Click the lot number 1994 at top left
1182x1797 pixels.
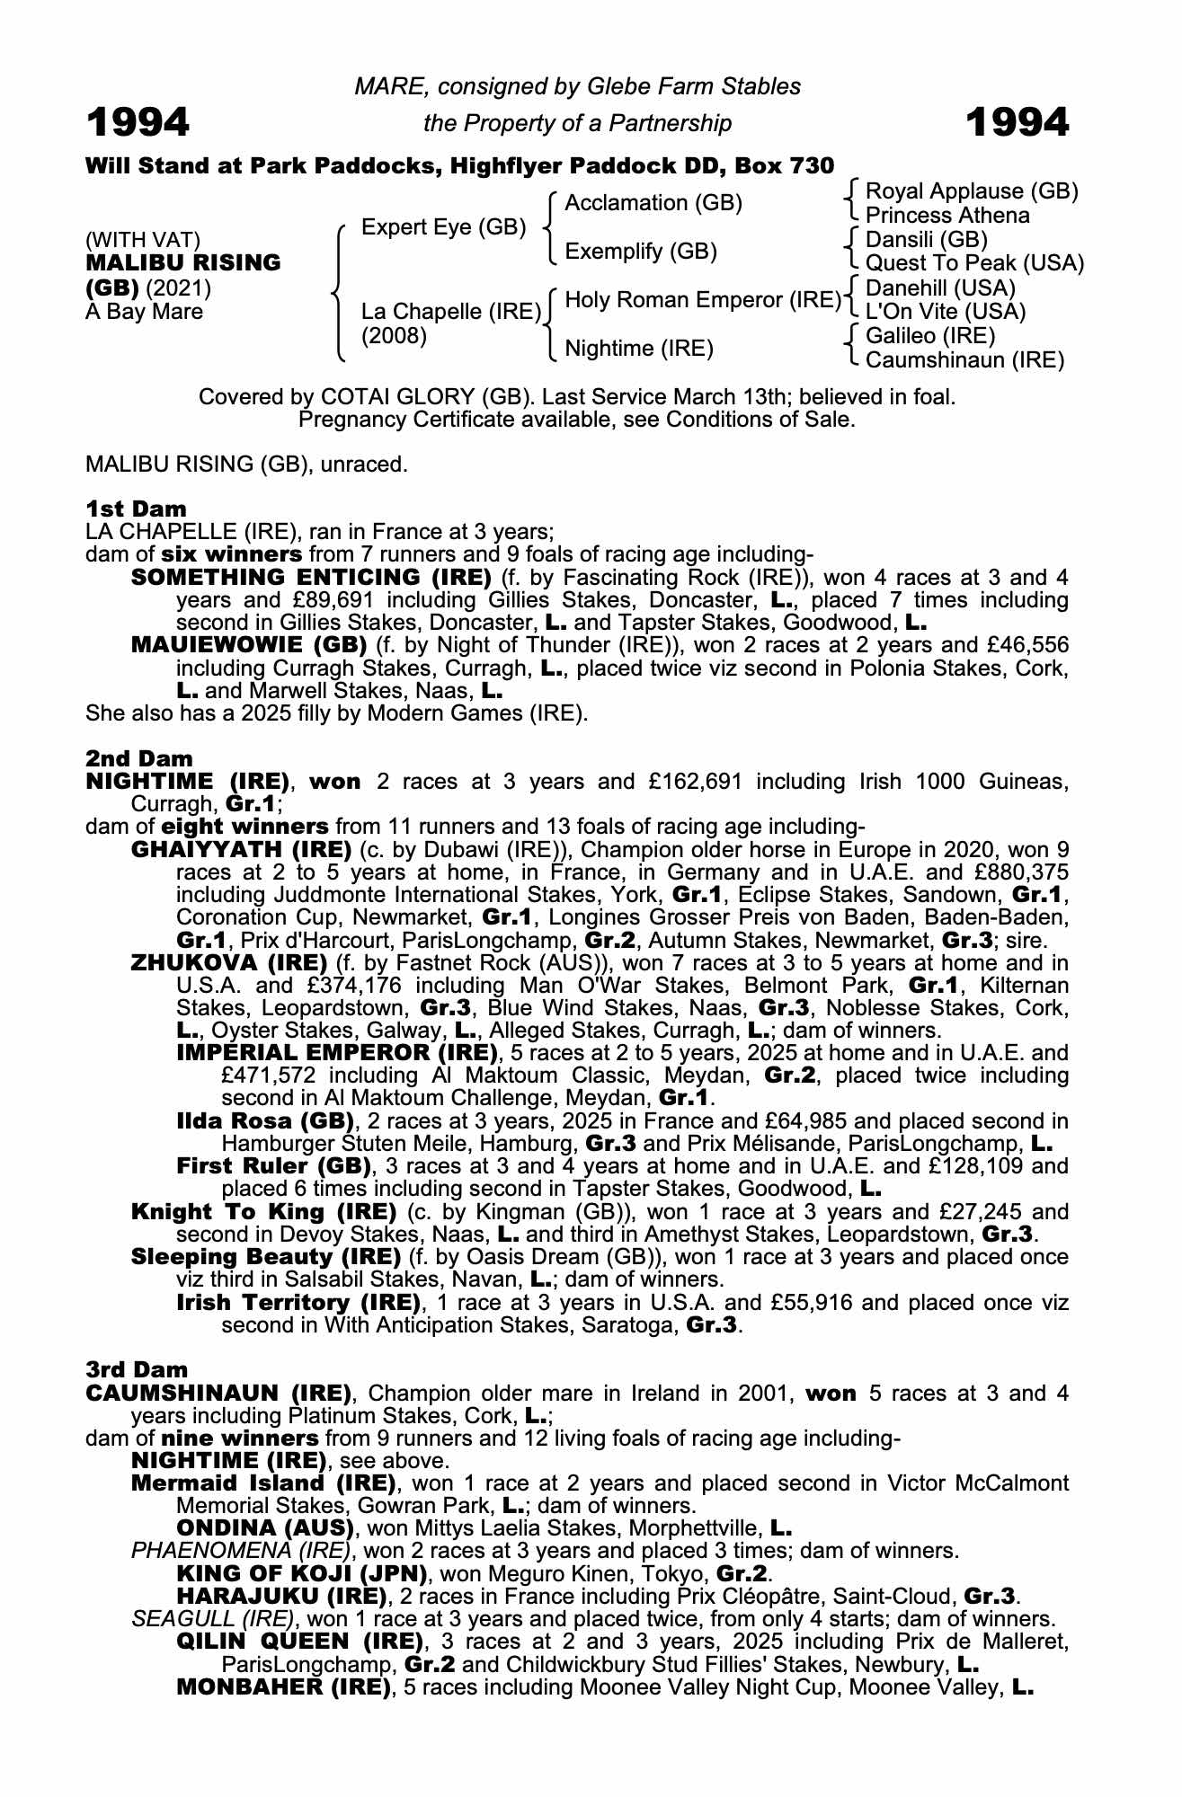(138, 122)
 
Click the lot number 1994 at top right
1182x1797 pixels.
(1018, 122)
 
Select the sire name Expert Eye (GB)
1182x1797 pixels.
(443, 227)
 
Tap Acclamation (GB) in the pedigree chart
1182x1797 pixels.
(653, 203)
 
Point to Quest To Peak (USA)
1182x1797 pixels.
(974, 263)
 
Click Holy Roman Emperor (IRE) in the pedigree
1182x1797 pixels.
(702, 299)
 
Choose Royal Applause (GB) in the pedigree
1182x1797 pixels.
(971, 191)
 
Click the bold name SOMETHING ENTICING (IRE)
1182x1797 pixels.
(311, 577)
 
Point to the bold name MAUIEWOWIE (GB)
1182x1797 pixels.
(249, 645)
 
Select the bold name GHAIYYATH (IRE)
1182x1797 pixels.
(241, 849)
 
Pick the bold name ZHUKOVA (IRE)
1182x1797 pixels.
(229, 963)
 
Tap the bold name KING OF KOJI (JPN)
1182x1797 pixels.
(301, 1573)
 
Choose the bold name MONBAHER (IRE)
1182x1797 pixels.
(284, 1686)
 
